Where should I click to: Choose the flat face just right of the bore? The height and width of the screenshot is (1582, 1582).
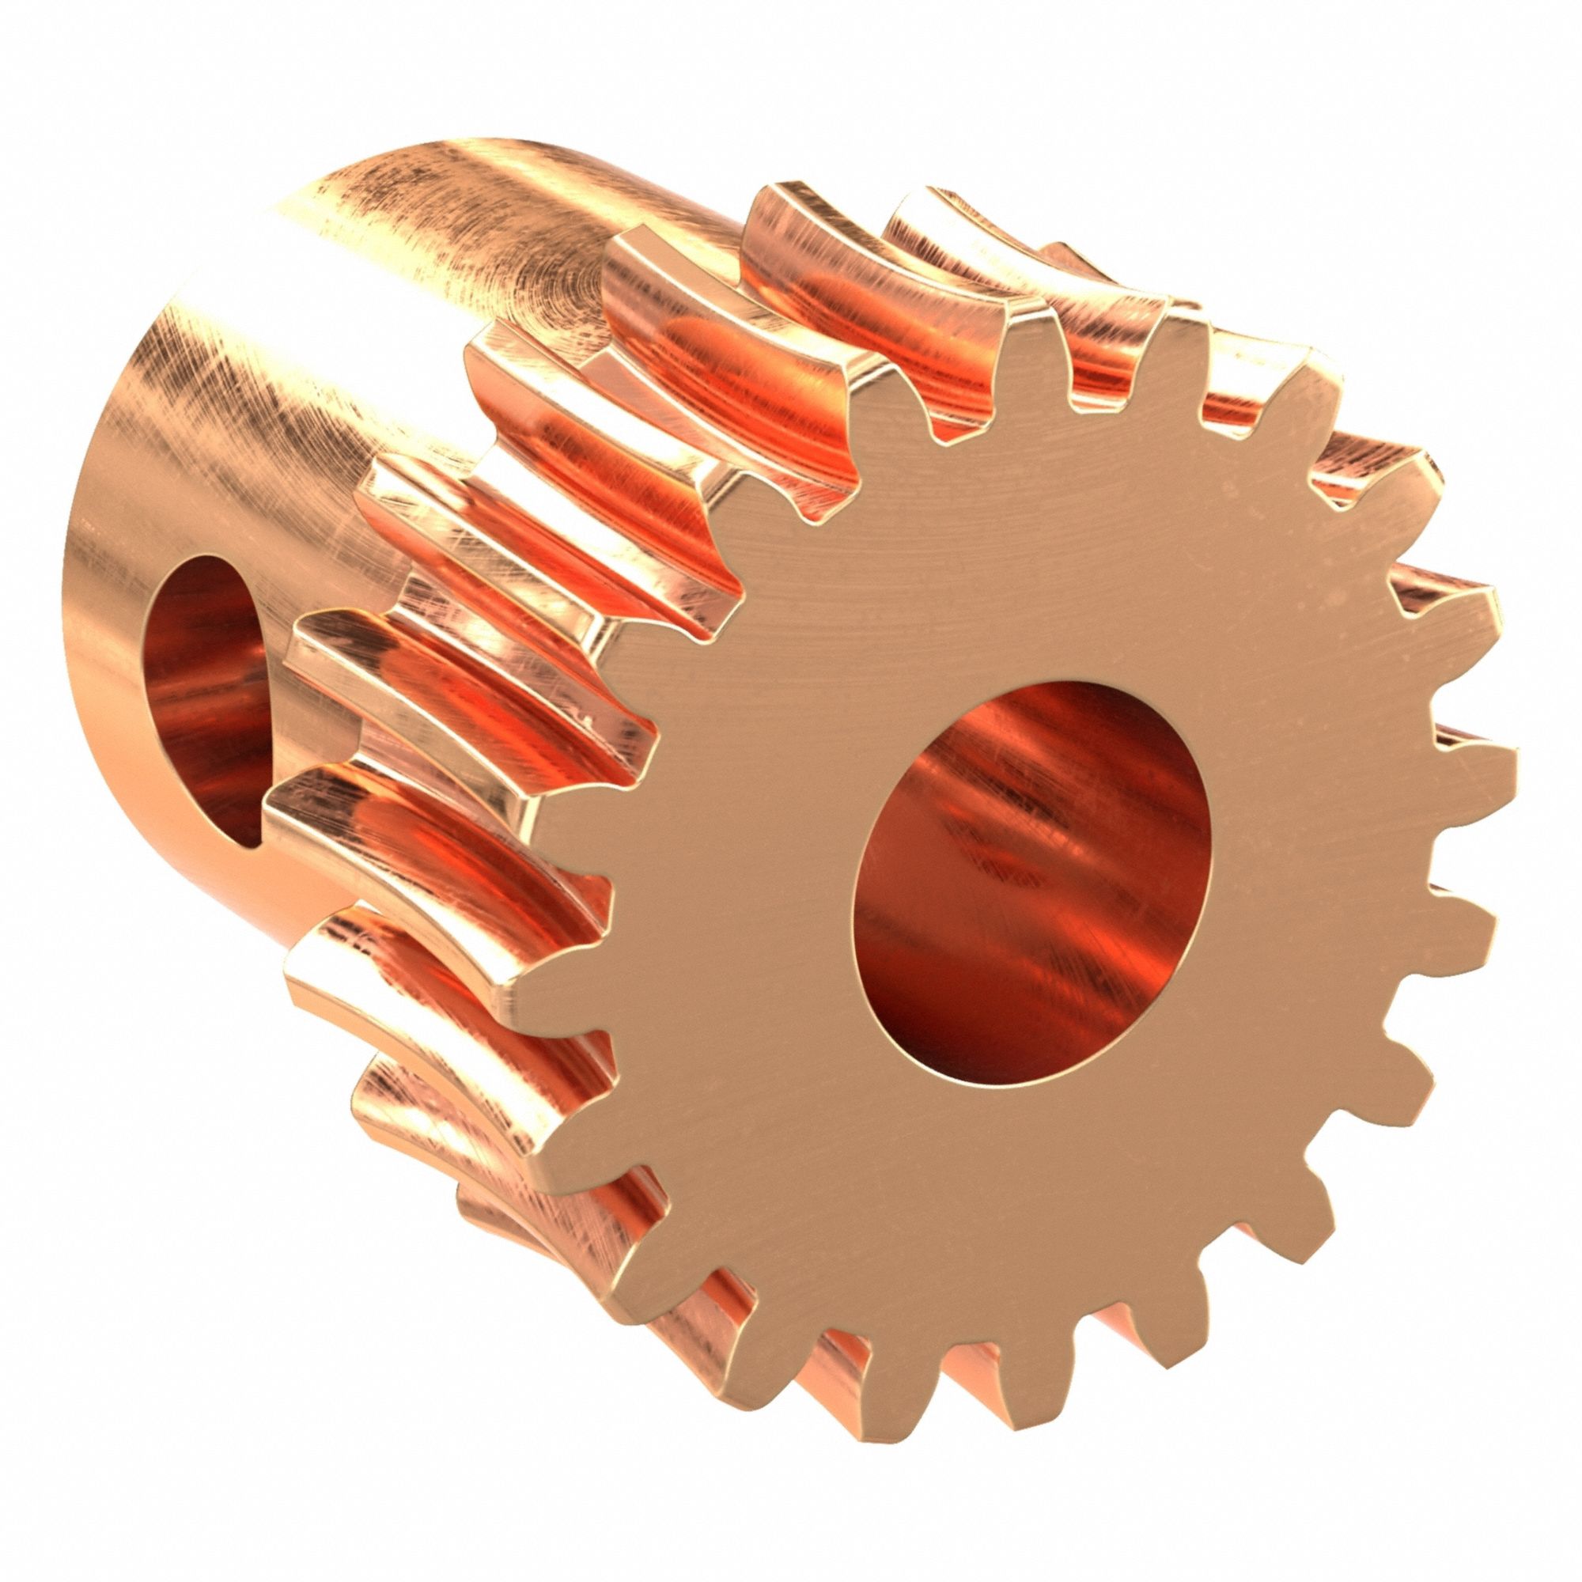1310,860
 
